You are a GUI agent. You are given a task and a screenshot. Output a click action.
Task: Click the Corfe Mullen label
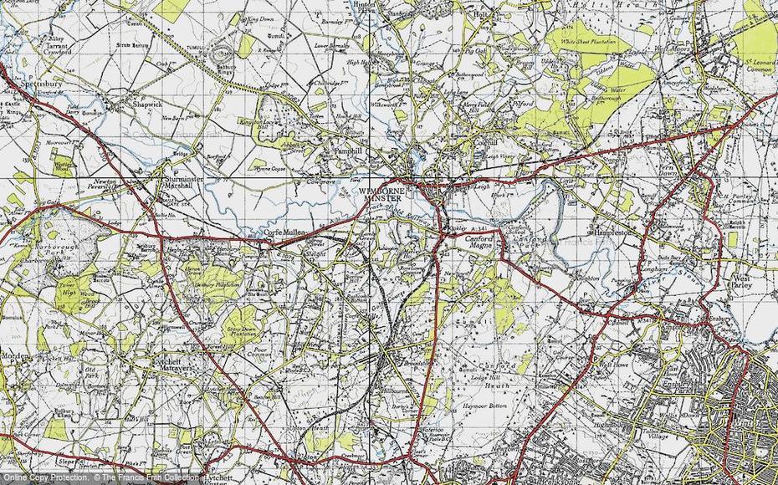(287, 233)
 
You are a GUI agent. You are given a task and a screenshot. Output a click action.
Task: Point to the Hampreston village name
(617, 233)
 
